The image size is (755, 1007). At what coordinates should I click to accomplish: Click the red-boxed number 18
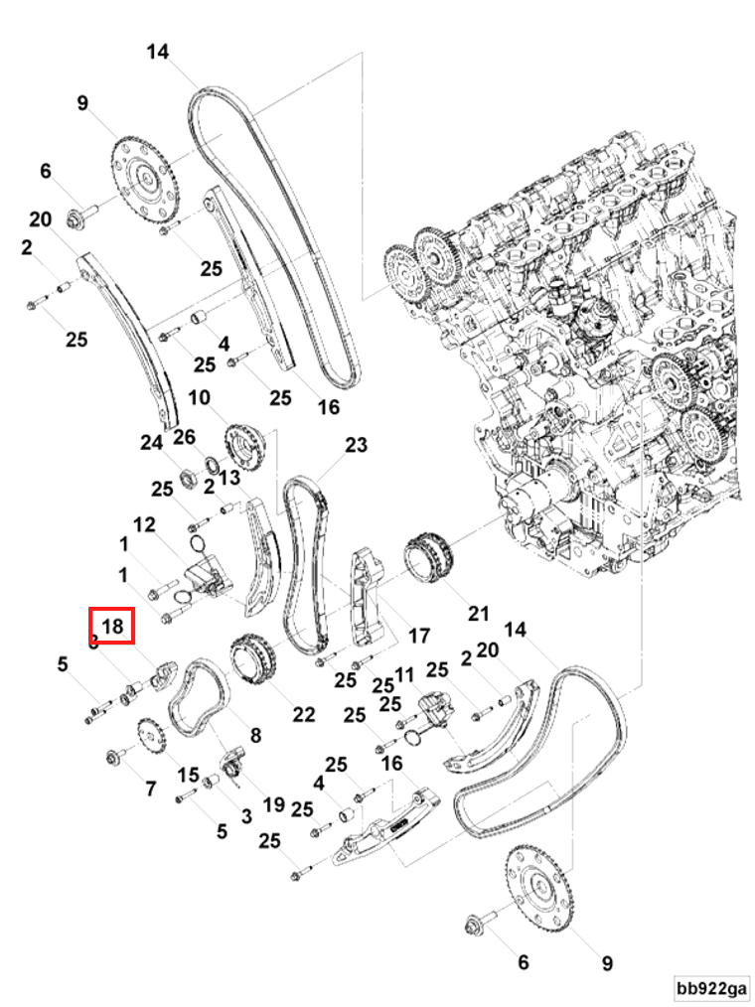click(111, 626)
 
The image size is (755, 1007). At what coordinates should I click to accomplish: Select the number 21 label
click(479, 613)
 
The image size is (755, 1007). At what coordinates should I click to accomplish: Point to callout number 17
click(418, 635)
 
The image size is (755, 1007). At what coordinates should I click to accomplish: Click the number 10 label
click(199, 398)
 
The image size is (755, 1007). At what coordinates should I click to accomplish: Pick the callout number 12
click(145, 523)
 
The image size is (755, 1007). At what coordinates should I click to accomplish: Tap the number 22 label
click(303, 713)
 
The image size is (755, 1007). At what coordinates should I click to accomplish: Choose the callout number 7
click(150, 789)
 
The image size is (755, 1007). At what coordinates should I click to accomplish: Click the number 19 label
click(273, 803)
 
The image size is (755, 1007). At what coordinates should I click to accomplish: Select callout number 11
click(403, 675)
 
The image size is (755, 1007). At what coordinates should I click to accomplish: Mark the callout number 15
click(188, 774)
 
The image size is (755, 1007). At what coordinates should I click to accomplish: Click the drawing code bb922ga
click(711, 988)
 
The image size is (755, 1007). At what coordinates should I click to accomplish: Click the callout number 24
click(151, 443)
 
